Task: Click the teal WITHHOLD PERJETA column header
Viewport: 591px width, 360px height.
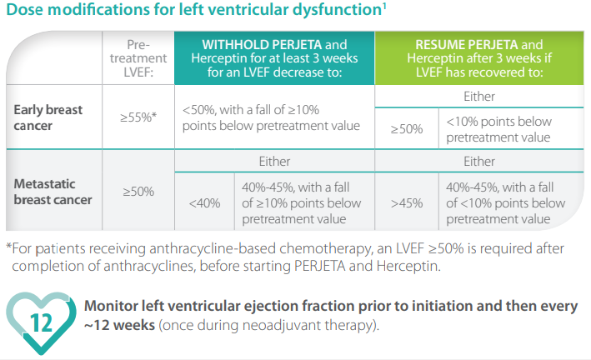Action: (274, 57)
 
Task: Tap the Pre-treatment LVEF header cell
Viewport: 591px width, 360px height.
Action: (137, 57)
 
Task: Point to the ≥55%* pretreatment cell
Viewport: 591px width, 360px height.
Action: (137, 117)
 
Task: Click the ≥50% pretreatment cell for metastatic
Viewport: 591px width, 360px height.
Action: (138, 192)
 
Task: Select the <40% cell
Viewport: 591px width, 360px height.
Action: (204, 203)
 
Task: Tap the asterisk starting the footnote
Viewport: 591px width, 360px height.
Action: (8, 248)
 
